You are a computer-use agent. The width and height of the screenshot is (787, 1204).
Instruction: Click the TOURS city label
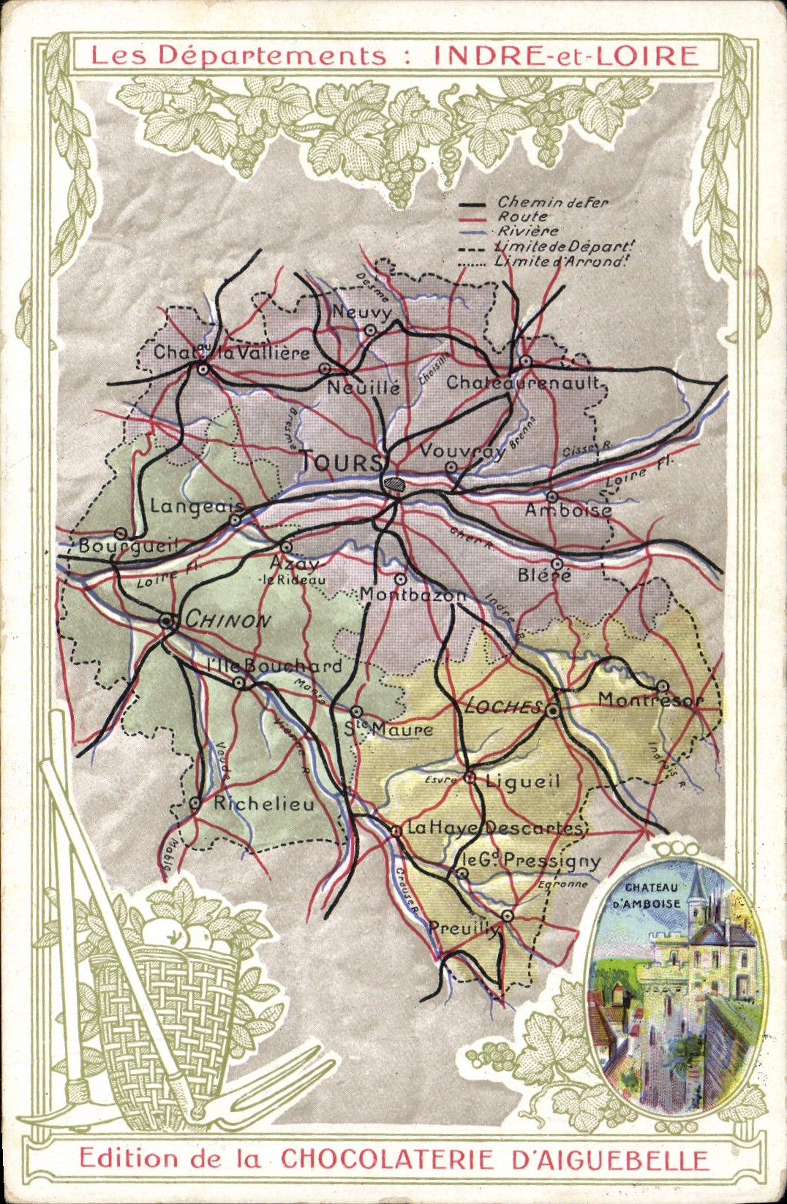point(342,462)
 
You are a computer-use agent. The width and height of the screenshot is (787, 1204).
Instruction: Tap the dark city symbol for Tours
point(396,483)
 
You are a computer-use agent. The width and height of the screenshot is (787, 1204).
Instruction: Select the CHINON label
point(227,620)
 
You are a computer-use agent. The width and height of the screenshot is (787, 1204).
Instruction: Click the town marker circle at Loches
point(553,710)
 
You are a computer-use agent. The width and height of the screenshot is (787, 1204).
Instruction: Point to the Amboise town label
point(568,510)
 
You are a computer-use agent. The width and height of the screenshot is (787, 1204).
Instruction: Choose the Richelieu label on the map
point(263,803)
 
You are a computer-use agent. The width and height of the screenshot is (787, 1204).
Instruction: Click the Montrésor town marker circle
point(662,686)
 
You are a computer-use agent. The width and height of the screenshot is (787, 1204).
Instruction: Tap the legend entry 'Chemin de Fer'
point(552,202)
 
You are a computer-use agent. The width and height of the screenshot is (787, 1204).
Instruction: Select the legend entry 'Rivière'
point(527,231)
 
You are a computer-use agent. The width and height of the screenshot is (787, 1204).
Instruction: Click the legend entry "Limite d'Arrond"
point(560,261)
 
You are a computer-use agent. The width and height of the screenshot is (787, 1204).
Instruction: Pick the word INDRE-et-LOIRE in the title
point(565,56)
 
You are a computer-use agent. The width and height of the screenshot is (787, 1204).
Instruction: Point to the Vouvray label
point(462,451)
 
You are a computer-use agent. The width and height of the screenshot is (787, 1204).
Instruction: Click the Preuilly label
point(464,928)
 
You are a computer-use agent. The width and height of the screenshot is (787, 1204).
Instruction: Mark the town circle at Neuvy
point(371,330)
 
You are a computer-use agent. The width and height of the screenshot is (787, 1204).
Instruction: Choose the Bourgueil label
point(128,546)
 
